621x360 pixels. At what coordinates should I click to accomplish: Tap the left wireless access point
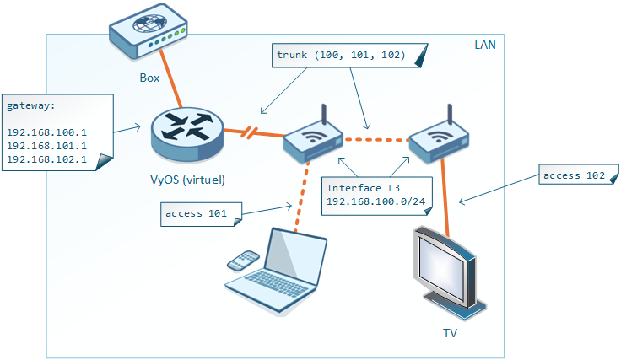click(311, 139)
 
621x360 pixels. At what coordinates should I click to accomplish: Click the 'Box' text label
click(150, 77)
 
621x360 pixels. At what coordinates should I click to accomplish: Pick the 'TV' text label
click(450, 333)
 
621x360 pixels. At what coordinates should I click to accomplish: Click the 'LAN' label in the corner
click(485, 43)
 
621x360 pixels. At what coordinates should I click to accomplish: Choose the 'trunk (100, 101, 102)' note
click(342, 56)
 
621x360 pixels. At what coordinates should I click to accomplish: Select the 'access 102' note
click(574, 175)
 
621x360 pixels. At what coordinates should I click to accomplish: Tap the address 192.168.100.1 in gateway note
click(46, 132)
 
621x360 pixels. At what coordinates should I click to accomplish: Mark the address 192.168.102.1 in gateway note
click(46, 159)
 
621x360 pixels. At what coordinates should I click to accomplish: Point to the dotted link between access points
click(375, 139)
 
